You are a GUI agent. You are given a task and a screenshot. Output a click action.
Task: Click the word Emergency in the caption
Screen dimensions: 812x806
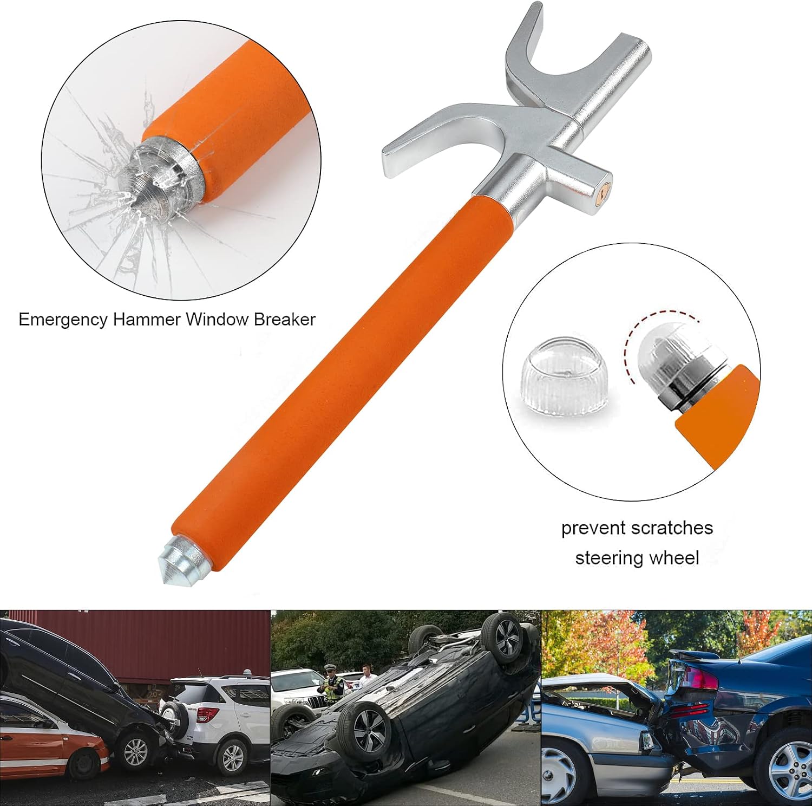[x=63, y=320]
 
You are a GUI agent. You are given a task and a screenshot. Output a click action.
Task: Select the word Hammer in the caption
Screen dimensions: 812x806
[x=147, y=320]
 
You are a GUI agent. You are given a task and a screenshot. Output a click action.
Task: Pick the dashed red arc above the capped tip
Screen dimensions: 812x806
[x=650, y=320]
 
